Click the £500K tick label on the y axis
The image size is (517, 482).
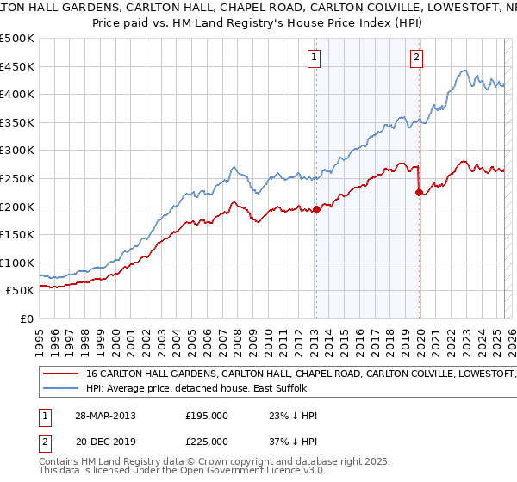[x=17, y=39]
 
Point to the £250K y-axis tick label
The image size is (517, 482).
[x=17, y=178]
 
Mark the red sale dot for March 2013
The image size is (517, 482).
[x=316, y=208]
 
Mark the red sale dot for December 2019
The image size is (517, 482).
[x=419, y=192]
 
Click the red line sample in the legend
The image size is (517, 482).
[x=62, y=374]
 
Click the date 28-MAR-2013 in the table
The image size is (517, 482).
[x=104, y=416]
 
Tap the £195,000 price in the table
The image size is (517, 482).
[x=207, y=416]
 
